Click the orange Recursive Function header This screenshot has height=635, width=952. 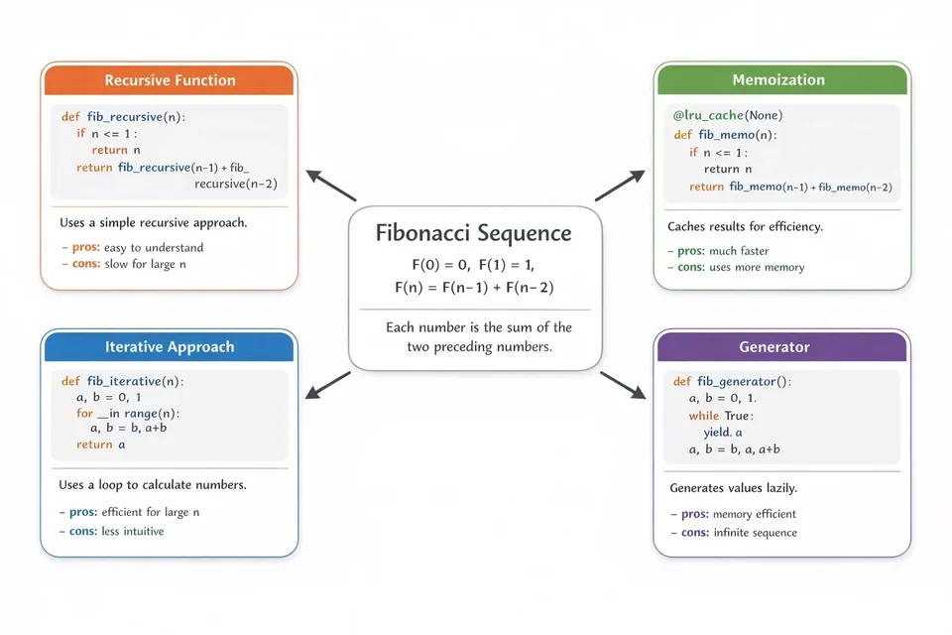170,80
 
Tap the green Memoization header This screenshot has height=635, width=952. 778,80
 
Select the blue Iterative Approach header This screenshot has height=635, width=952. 170,346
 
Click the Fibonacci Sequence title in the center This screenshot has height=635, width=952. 474,233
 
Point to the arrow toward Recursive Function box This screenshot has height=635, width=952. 330,186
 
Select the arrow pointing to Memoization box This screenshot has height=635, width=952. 619,186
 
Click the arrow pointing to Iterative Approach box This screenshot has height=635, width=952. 328,385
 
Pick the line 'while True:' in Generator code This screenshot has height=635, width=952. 721,416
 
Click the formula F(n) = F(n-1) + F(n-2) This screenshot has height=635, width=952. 474,288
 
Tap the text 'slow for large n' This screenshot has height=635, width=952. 141,264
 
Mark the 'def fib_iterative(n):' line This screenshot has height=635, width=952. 122,381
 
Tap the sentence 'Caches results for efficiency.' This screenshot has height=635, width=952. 745,226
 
